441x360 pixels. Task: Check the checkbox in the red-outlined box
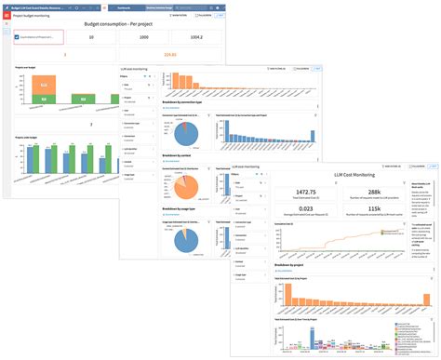coord(18,38)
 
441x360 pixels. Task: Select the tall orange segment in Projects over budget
coord(40,85)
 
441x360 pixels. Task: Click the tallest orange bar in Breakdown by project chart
coord(287,292)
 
